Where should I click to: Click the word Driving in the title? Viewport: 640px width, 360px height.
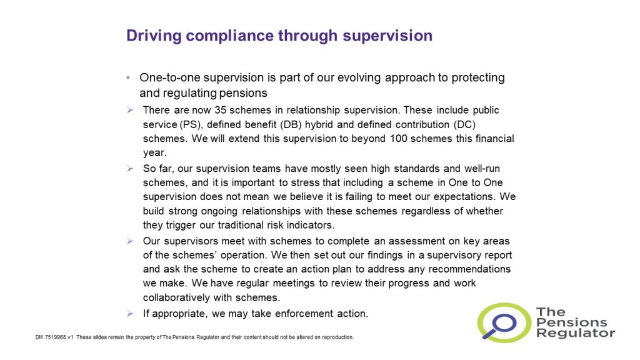click(154, 36)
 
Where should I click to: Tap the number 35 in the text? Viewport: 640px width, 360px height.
click(221, 110)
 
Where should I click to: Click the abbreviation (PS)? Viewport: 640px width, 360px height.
click(191, 124)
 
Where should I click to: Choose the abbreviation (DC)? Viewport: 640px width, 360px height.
click(464, 124)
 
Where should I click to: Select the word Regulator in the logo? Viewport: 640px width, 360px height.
click(576, 333)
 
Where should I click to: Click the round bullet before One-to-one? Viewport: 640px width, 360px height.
click(129, 77)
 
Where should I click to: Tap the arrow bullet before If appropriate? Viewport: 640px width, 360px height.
click(130, 314)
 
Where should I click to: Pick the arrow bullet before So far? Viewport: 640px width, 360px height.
click(130, 169)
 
